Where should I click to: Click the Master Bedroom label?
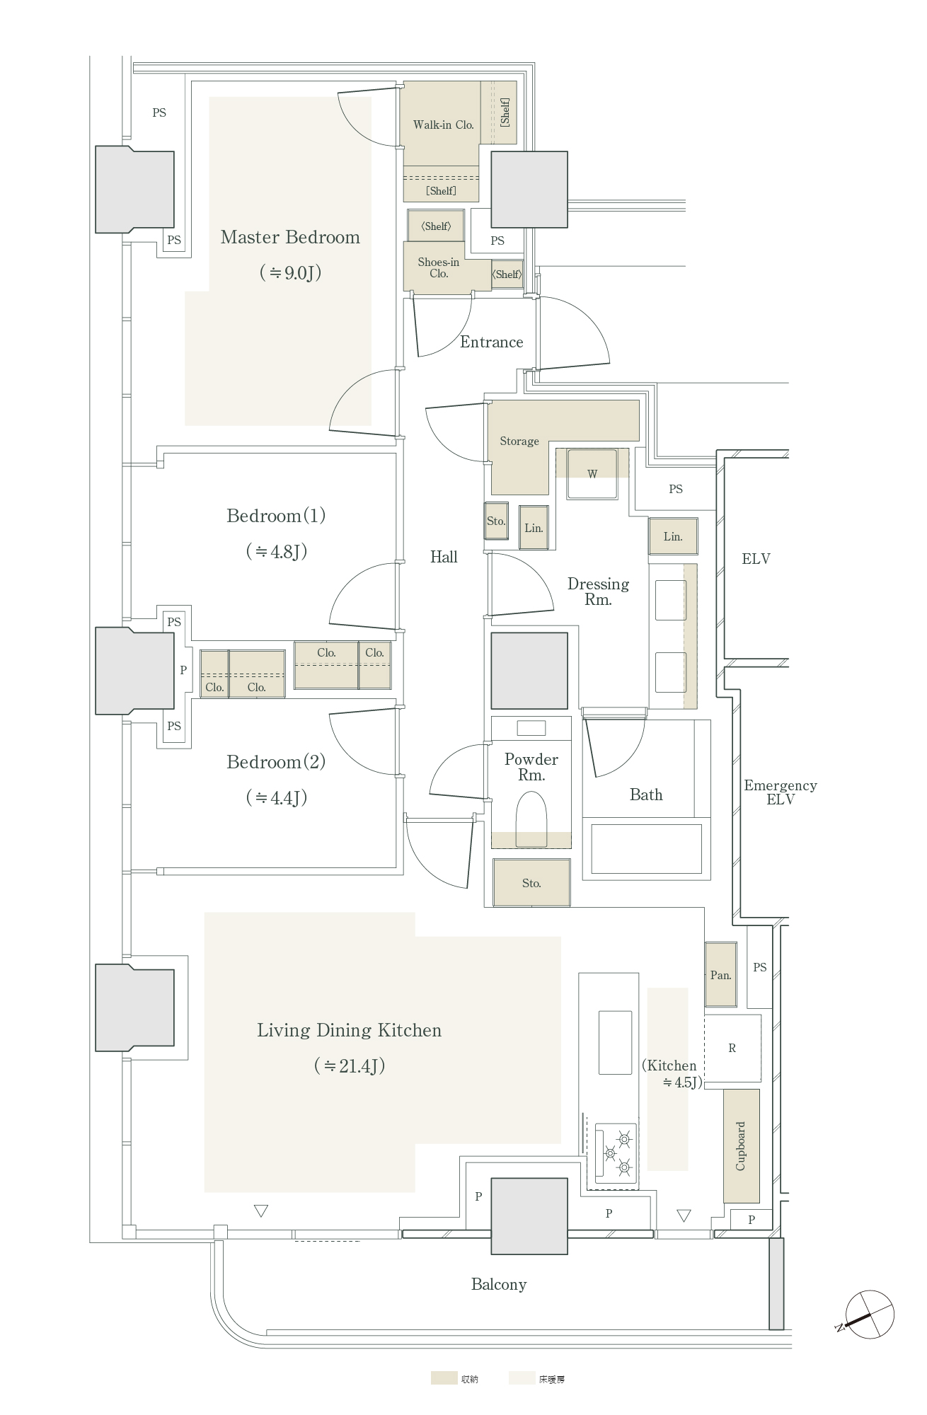290,237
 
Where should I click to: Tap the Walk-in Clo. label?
444,125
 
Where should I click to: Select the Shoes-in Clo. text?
439,267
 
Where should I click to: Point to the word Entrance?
492,342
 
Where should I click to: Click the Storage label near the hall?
519,441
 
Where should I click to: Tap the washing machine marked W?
592,473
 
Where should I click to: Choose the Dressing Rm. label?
598,591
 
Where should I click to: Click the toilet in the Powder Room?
531,819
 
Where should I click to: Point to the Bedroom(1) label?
276,516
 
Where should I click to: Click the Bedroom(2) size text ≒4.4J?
277,798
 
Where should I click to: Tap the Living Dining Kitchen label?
349,1030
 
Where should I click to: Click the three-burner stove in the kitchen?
616,1153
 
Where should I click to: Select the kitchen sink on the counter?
615,1043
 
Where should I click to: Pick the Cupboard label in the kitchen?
741,1146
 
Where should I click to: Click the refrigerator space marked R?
732,1048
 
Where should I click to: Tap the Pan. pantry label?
720,975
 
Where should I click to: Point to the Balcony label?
499,1285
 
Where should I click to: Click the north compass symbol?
870,1315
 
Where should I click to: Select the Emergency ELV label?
781,792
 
